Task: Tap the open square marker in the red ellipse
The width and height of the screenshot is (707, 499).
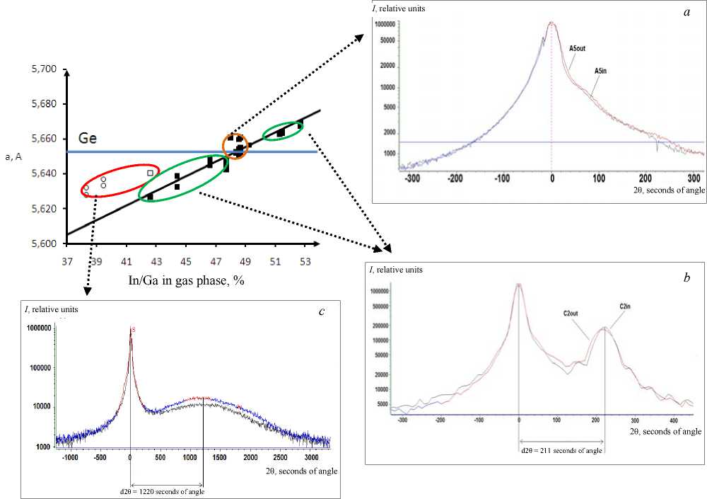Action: [x=150, y=173]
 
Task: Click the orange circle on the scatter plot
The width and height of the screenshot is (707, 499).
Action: [x=235, y=145]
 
